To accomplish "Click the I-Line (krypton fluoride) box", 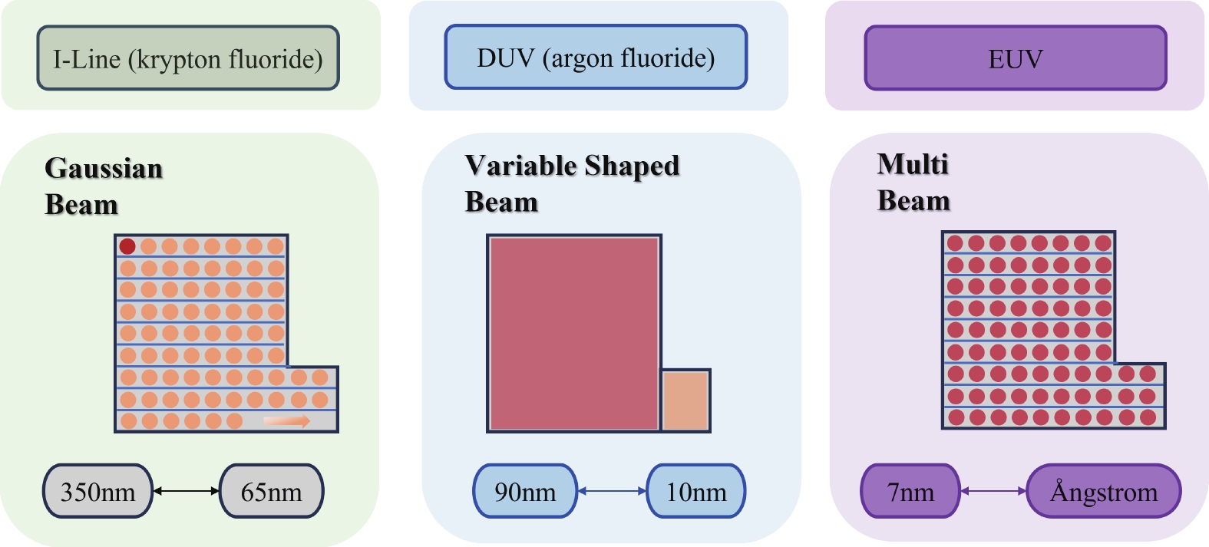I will point(188,58).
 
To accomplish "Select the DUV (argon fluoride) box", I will point(596,58).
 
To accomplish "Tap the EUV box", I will point(1015,58).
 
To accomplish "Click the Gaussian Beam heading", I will point(103,186).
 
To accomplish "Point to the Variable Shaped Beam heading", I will point(572,183).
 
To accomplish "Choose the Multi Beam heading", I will point(913,182).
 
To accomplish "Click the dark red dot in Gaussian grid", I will point(127,246).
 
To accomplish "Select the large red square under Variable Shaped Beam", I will point(573,333).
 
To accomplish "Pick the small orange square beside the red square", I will point(685,400).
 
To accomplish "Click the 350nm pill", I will point(97,491).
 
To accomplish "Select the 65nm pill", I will point(271,491).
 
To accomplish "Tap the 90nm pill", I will point(525,491).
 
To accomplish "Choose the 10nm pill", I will point(695,491).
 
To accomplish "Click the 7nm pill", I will point(910,491).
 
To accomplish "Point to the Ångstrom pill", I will point(1103,491).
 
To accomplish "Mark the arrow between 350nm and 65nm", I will point(187,491).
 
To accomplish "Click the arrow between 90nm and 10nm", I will point(612,491).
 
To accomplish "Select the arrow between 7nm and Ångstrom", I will point(993,491).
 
